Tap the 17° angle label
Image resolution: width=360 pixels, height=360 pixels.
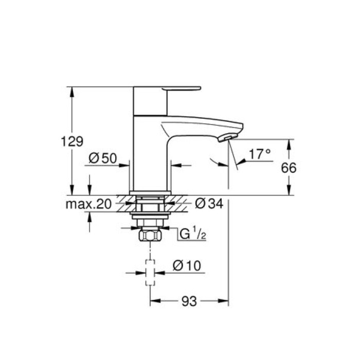pyautogui.click(x=260, y=154)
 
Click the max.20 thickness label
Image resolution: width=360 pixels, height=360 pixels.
pyautogui.click(x=89, y=205)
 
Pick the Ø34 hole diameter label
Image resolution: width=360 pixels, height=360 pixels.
pyautogui.click(x=209, y=205)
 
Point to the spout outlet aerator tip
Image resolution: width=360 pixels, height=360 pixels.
pyautogui.click(x=226, y=138)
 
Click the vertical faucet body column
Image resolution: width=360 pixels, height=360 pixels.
pyautogui.click(x=150, y=154)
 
